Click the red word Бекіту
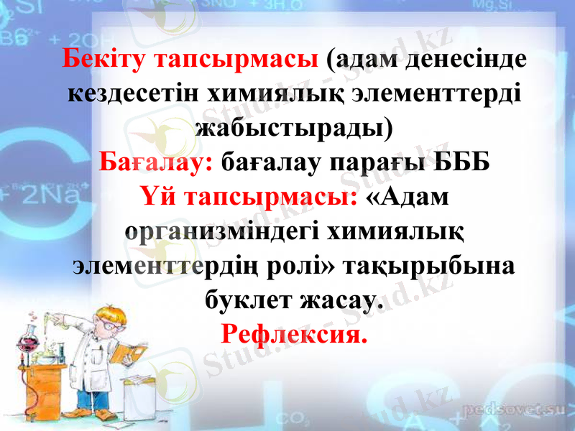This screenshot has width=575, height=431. (106, 60)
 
